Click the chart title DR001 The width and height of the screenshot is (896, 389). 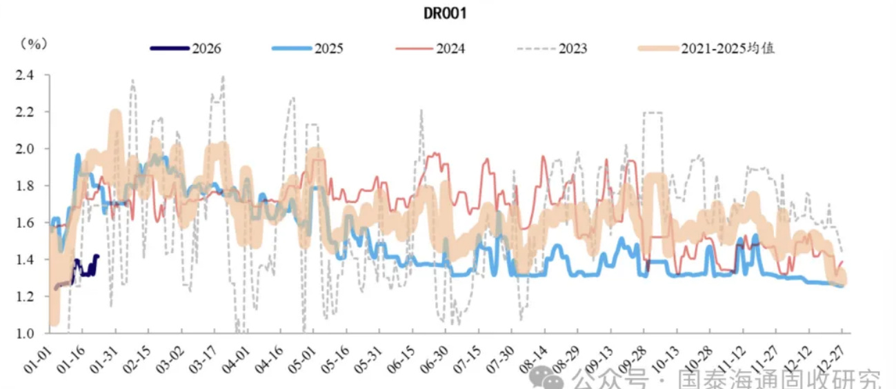(446, 14)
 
